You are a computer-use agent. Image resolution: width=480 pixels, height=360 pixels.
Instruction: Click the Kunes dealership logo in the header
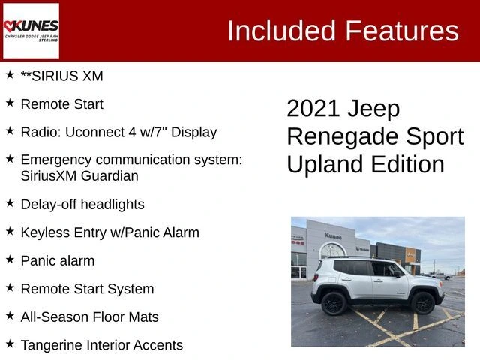tap(31, 31)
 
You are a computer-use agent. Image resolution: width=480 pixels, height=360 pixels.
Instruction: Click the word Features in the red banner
tap(402, 31)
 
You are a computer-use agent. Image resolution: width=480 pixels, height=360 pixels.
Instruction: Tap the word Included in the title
tap(282, 31)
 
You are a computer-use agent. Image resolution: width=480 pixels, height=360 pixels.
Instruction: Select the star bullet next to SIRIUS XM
tap(10, 74)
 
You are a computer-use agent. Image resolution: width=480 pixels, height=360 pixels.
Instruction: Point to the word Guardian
tap(109, 176)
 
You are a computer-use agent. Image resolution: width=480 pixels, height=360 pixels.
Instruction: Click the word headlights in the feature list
tap(112, 205)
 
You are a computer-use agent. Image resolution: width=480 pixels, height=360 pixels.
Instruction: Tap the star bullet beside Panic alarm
tap(10, 259)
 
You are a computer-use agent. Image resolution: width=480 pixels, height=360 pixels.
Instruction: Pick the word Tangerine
tap(52, 345)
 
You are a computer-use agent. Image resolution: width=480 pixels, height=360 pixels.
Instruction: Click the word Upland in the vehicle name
tap(326, 165)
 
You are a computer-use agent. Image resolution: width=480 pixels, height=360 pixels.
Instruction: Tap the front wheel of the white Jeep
tap(423, 303)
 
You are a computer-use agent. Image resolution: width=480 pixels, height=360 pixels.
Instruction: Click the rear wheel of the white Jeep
tap(334, 303)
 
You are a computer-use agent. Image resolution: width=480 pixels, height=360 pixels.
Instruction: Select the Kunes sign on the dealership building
tap(333, 236)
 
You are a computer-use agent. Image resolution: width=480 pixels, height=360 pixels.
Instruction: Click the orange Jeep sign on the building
tap(410, 255)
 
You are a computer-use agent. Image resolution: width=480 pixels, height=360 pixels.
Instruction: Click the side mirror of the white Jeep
tap(397, 274)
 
